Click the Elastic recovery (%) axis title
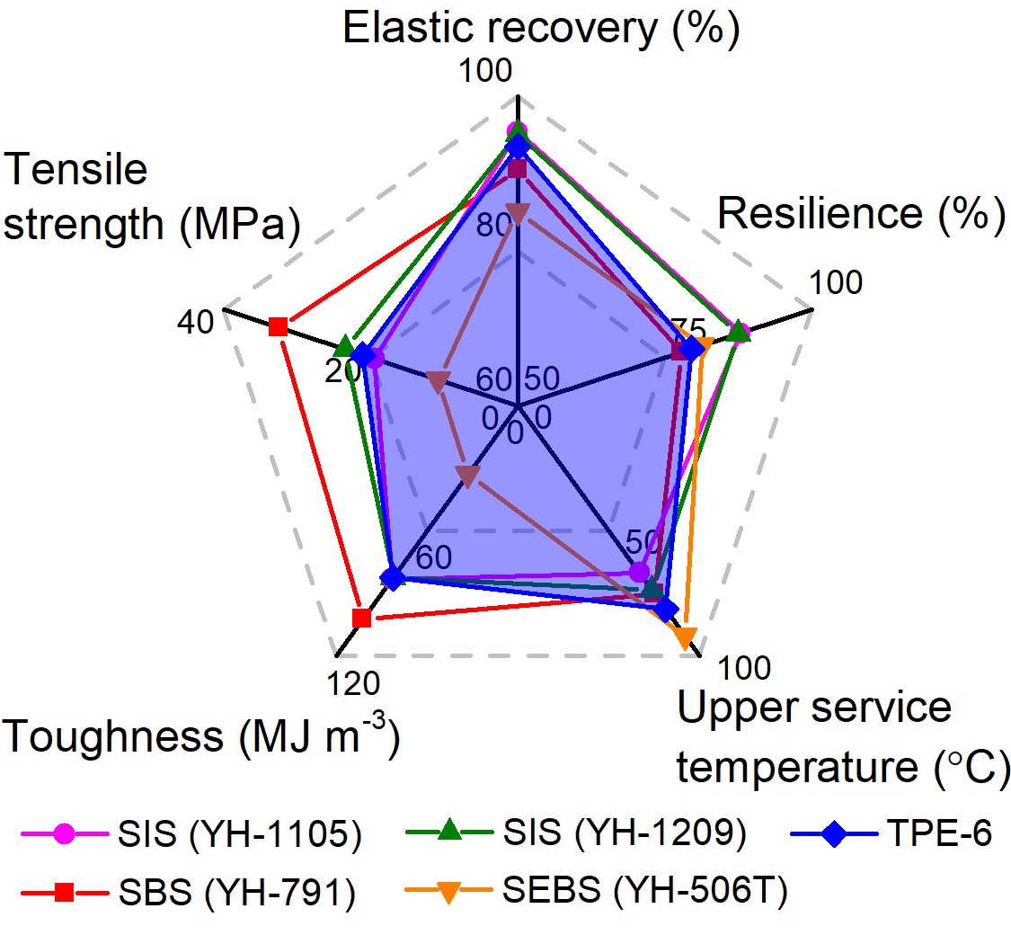pos(541,29)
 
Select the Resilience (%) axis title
pos(861,215)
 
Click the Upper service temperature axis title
pos(843,738)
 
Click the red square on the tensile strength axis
pos(278,326)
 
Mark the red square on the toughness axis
pos(361,618)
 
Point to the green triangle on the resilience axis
pos(739,332)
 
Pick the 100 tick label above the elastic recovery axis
pos(485,71)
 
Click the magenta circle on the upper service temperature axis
pos(639,572)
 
